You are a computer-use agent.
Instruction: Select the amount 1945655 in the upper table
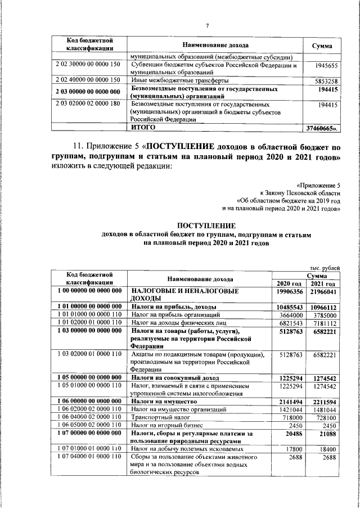pos(327,66)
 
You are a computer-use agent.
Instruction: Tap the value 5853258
pos(327,81)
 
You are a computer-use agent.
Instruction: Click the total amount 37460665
pos(323,128)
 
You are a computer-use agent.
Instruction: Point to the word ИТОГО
pos(143,128)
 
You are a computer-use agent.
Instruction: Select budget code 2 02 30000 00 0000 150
pos(88,65)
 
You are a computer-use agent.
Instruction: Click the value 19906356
pos(290,292)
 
